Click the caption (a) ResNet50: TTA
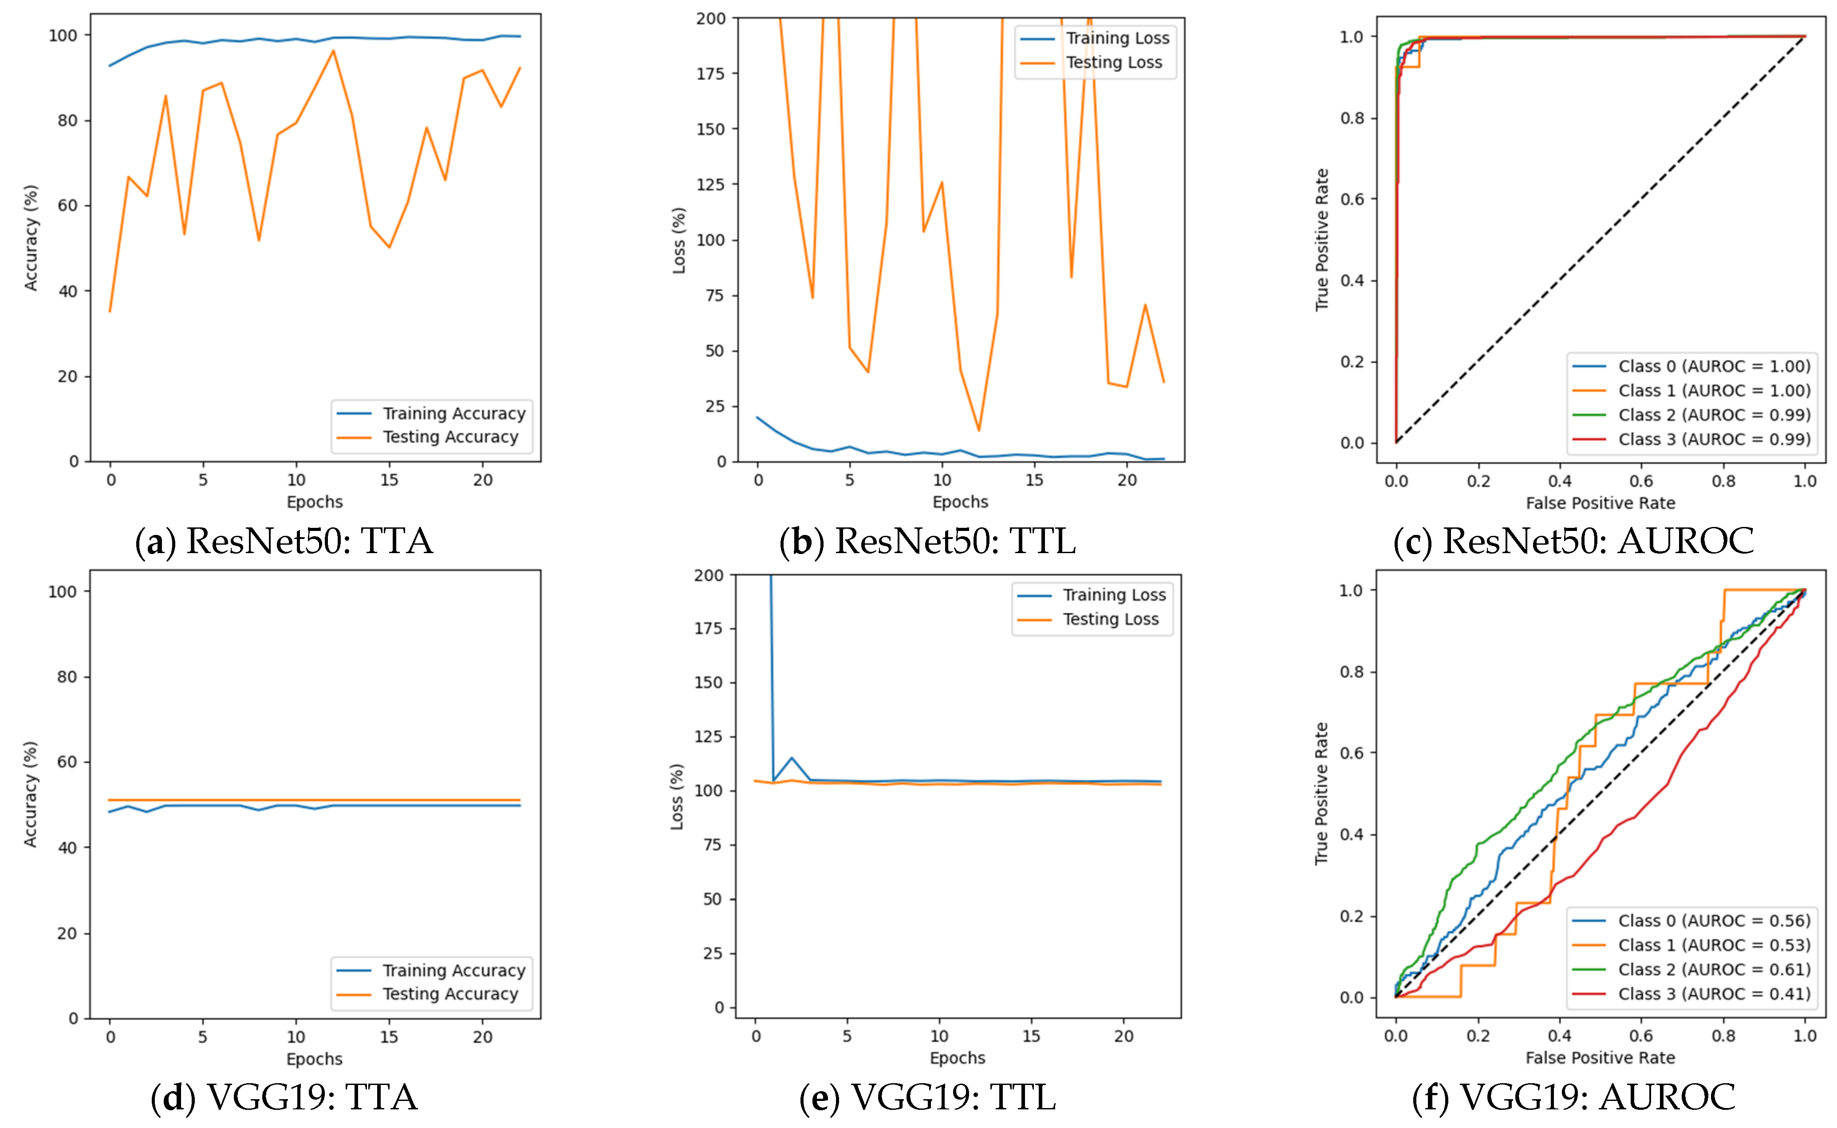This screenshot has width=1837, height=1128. pyautogui.click(x=284, y=541)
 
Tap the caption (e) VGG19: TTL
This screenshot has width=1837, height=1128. pyautogui.click(x=927, y=1097)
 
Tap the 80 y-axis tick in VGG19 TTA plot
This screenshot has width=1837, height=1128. pyautogui.click(x=67, y=676)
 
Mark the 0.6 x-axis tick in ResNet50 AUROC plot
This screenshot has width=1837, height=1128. pyautogui.click(x=1641, y=481)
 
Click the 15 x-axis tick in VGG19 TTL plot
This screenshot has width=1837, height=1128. pyautogui.click(x=1031, y=1036)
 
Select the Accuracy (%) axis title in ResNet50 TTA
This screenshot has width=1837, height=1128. pyautogui.click(x=31, y=237)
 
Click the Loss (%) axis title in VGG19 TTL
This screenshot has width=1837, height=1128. pyautogui.click(x=677, y=797)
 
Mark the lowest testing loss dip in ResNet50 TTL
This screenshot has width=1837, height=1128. pyautogui.click(x=979, y=430)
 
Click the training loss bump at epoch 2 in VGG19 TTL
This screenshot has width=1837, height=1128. pyautogui.click(x=792, y=758)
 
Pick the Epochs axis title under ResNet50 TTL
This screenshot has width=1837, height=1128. pyautogui.click(x=960, y=502)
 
